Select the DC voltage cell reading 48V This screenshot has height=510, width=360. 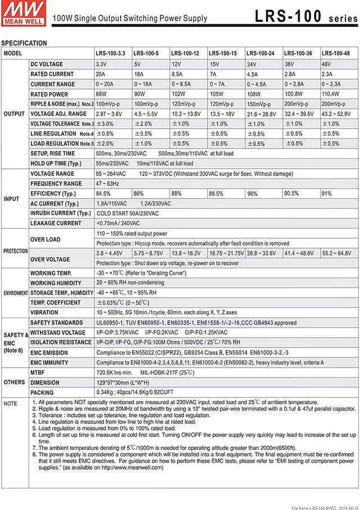point(327,64)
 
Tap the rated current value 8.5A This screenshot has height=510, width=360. point(179,74)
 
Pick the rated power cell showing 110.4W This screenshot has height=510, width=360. point(330,94)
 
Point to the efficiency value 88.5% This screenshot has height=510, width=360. point(217,194)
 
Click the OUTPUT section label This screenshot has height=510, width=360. point(14,114)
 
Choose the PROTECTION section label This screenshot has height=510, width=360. point(16,250)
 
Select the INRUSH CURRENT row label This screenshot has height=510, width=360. point(60,213)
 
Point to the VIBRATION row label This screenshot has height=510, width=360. point(44,312)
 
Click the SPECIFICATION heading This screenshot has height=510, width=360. point(24,43)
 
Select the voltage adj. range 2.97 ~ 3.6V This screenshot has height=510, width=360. point(109,114)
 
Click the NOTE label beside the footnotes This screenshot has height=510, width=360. point(10,404)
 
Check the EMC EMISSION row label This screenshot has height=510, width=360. point(49,352)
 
